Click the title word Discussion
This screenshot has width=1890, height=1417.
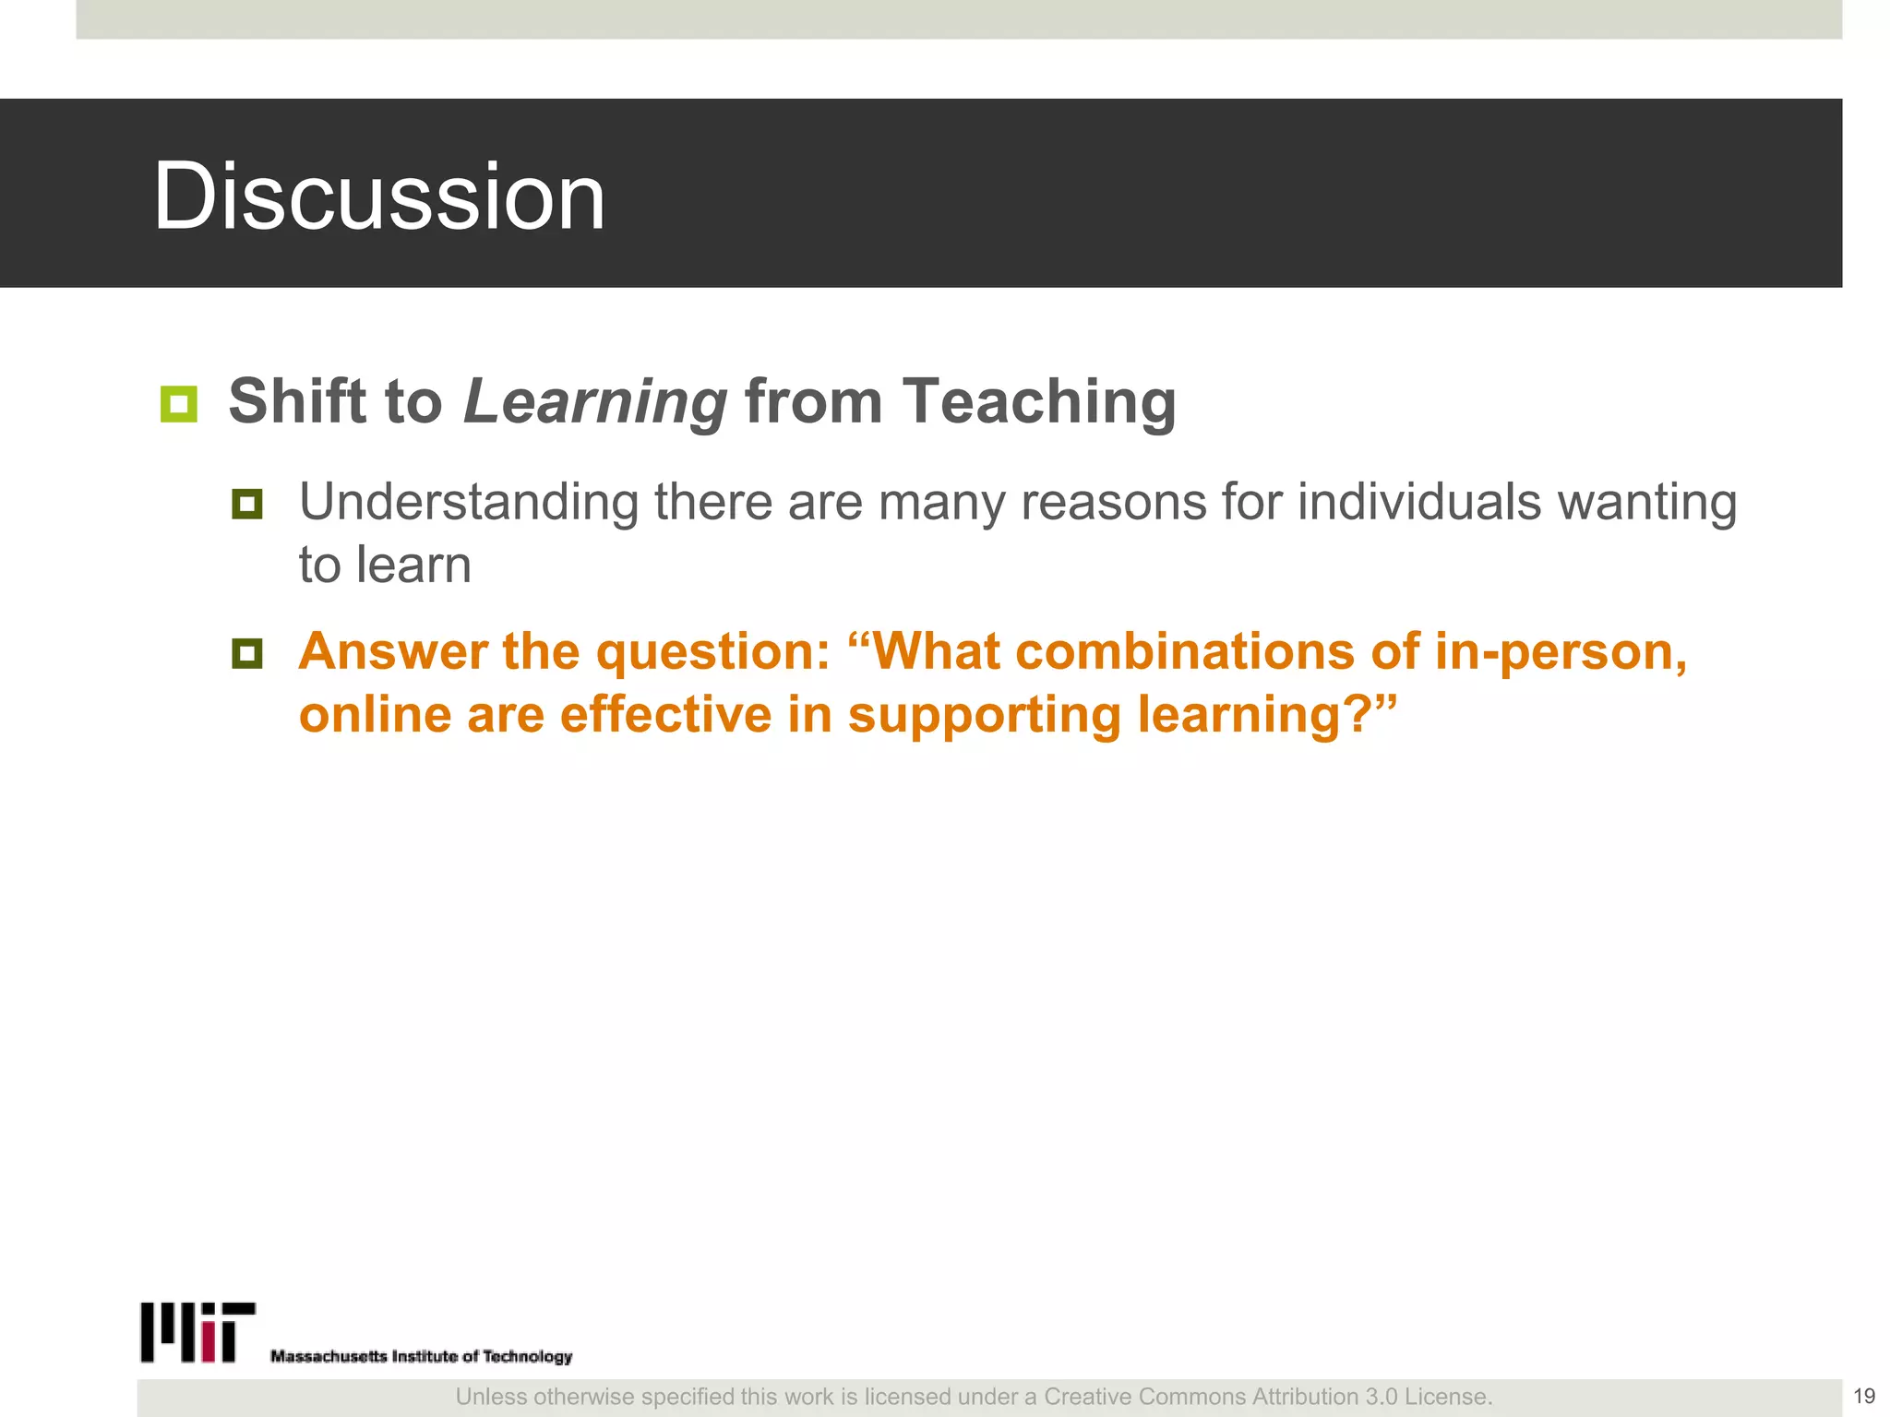(x=378, y=196)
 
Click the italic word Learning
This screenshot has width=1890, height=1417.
(x=595, y=402)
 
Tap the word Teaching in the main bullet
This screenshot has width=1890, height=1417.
(x=1038, y=402)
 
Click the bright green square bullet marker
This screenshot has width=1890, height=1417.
(x=178, y=404)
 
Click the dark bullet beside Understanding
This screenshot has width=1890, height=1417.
(x=246, y=504)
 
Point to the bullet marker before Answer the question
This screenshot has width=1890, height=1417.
(x=246, y=654)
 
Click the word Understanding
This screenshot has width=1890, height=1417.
(x=468, y=504)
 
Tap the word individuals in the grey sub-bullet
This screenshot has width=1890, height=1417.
(x=1419, y=503)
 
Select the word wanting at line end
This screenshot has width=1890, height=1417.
(x=1647, y=504)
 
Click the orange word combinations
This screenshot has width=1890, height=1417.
(x=1185, y=652)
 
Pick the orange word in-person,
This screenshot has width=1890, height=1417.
(x=1561, y=652)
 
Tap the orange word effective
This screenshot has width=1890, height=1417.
(x=665, y=715)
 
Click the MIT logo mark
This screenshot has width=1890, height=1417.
(x=197, y=1332)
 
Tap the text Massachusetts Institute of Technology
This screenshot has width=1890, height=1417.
(x=421, y=1356)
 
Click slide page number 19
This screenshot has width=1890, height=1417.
(x=1863, y=1396)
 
